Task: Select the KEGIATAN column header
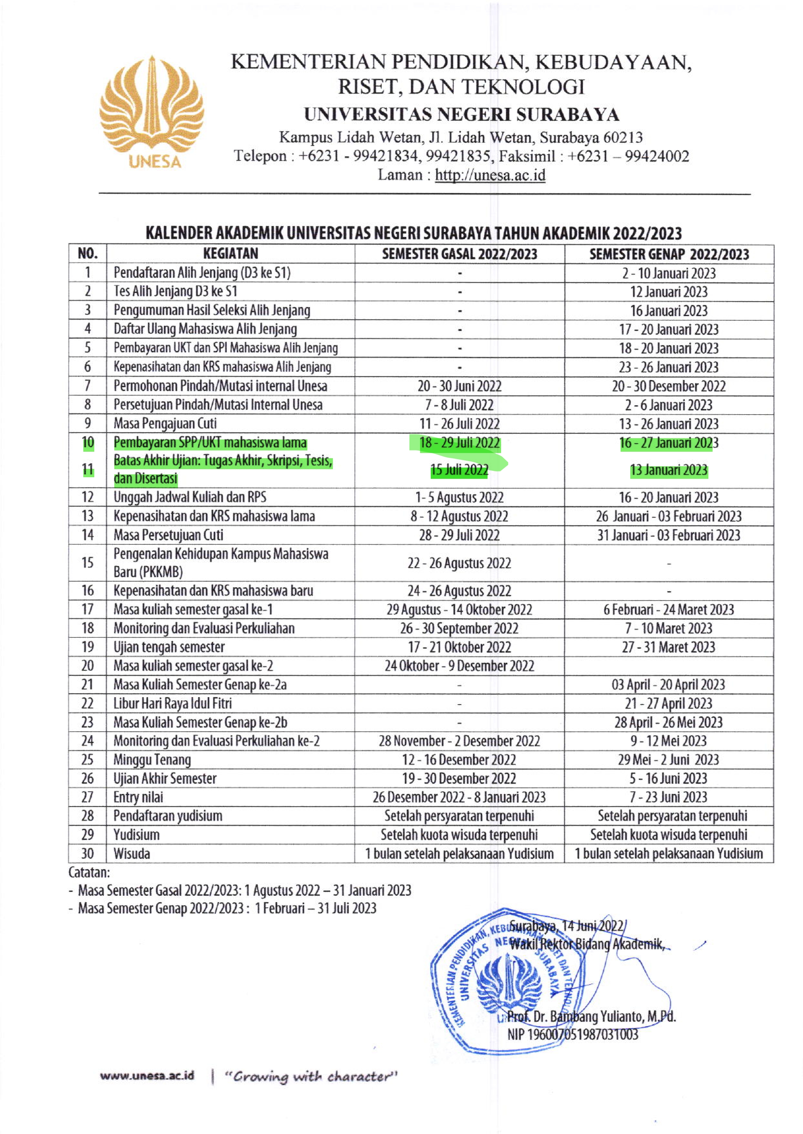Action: tap(231, 253)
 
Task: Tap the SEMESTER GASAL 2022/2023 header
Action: tap(459, 254)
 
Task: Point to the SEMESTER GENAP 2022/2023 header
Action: tap(669, 254)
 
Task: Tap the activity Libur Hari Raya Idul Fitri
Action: tap(172, 704)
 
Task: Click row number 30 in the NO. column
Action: tap(88, 854)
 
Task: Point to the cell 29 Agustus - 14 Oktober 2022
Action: tap(459, 610)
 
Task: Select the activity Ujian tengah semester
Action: tap(169, 647)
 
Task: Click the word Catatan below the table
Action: tap(89, 872)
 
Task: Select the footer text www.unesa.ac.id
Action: tap(147, 1076)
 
